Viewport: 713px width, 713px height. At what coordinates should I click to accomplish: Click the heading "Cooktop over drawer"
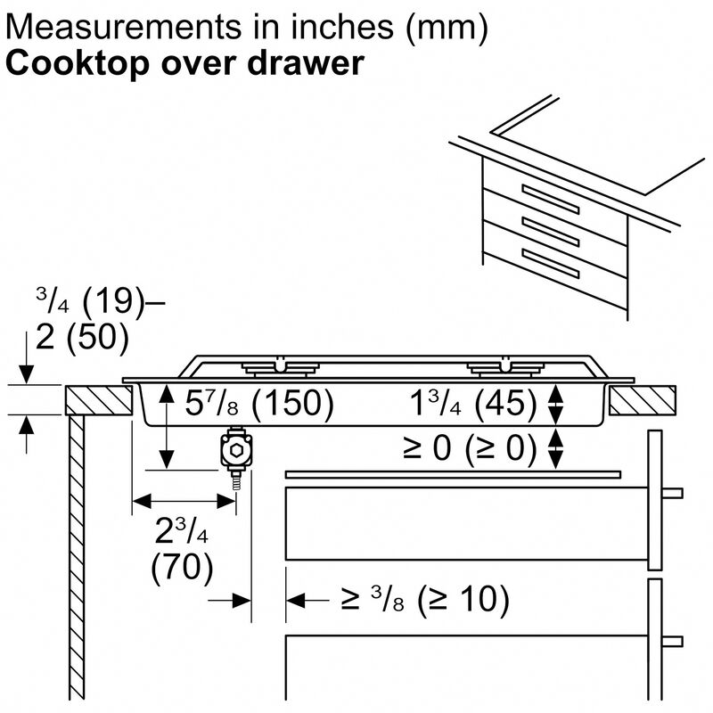pyautogui.click(x=185, y=64)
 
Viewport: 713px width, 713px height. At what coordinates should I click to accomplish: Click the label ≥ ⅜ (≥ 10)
pyautogui.click(x=423, y=601)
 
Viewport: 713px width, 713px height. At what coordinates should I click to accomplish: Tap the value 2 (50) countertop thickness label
pyautogui.click(x=78, y=338)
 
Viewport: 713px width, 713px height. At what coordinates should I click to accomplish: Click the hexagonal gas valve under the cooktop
pyautogui.click(x=235, y=453)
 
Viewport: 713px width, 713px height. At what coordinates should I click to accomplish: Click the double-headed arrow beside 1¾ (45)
pyautogui.click(x=556, y=406)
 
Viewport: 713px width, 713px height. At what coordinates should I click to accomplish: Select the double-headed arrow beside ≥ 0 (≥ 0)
pyautogui.click(x=556, y=448)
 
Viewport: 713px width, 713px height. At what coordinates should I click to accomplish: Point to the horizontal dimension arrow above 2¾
pyautogui.click(x=184, y=501)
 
